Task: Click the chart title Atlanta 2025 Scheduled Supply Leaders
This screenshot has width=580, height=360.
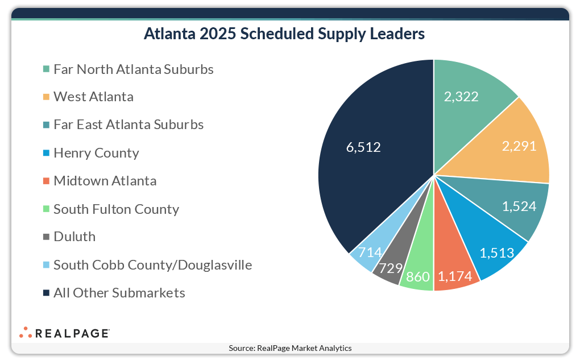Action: (x=284, y=34)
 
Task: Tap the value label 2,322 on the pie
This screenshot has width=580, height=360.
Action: (x=461, y=96)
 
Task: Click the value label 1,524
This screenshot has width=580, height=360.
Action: (x=519, y=206)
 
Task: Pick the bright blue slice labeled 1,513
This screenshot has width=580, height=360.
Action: (x=489, y=245)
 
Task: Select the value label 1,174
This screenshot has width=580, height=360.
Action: (x=455, y=277)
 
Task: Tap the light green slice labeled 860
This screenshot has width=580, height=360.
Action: (x=417, y=273)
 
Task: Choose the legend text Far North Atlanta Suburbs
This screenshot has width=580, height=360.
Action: (x=134, y=69)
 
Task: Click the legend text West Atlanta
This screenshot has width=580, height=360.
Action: (x=94, y=97)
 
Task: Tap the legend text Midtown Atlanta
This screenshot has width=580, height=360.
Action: (x=105, y=181)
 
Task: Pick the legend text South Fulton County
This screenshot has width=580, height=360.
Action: (x=116, y=209)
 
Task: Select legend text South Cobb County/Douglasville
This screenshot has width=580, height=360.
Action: (x=152, y=265)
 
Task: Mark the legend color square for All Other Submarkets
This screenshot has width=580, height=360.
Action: (x=45, y=293)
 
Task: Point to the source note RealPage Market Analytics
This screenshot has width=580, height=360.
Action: (x=290, y=348)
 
